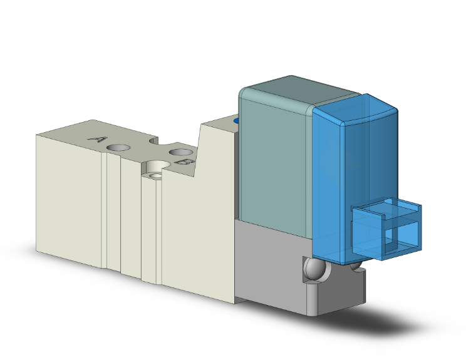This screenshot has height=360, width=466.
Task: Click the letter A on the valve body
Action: [x=96, y=139]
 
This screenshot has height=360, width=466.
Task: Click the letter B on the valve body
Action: [x=185, y=163]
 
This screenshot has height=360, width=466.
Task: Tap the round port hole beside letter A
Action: [x=118, y=148]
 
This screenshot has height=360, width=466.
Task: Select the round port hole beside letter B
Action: [x=180, y=152]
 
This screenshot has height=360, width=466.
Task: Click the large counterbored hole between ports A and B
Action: [x=154, y=168]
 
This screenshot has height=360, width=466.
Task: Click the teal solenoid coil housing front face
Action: [x=276, y=163]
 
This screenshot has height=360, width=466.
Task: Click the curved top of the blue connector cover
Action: [x=354, y=113]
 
